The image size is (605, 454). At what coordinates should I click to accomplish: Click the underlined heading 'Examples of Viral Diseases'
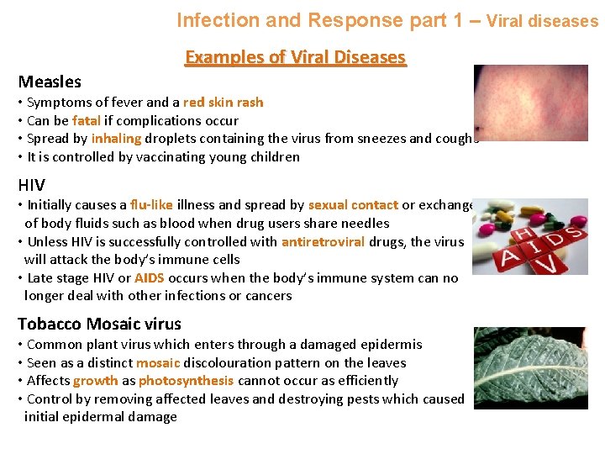click(x=295, y=57)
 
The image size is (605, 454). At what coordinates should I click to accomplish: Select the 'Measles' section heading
click(x=50, y=82)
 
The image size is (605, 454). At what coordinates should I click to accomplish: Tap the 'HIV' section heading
click(x=32, y=184)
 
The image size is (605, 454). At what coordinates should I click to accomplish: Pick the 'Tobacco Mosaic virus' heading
click(x=99, y=324)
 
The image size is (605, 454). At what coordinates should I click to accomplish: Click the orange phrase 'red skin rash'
click(x=223, y=103)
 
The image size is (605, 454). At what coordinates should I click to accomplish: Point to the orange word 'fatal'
click(x=87, y=120)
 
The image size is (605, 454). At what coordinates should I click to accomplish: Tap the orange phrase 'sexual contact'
click(x=353, y=205)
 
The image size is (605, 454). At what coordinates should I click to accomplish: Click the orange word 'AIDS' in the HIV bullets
click(x=149, y=278)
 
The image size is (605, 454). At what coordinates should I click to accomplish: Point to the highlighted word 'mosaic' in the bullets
click(x=158, y=363)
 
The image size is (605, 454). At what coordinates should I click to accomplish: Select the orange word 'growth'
click(x=95, y=381)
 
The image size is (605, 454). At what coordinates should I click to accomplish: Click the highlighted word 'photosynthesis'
click(x=186, y=381)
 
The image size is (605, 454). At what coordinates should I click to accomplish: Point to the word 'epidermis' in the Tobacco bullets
click(x=390, y=345)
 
